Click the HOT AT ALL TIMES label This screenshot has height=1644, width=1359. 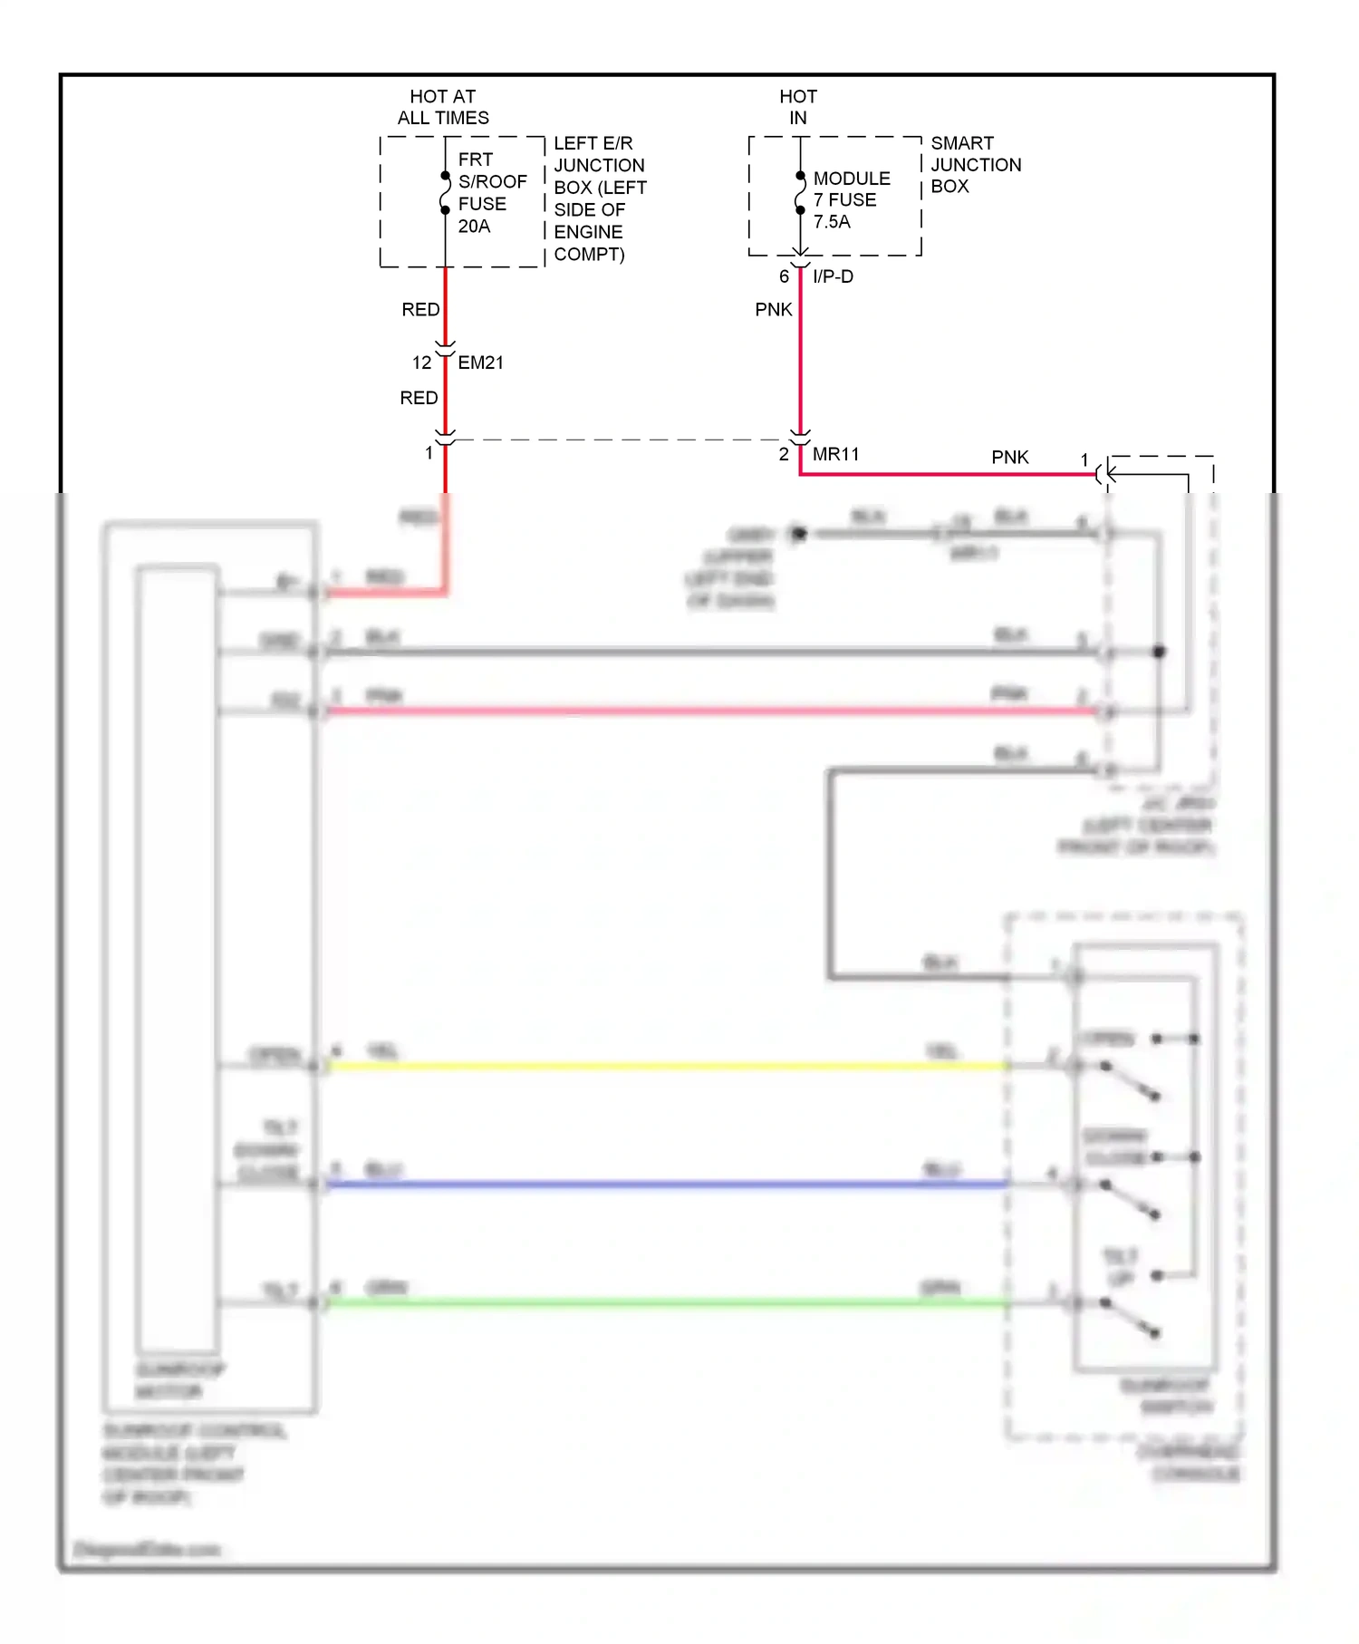(x=443, y=107)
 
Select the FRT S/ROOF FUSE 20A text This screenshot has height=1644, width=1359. (x=491, y=192)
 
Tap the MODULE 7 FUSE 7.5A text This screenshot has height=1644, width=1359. (x=851, y=199)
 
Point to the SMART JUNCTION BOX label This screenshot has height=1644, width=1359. (x=975, y=164)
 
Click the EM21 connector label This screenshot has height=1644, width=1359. (x=480, y=363)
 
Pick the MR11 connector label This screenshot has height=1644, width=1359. (x=835, y=454)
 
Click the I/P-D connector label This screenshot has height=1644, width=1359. (x=833, y=276)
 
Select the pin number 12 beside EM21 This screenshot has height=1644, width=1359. (x=421, y=363)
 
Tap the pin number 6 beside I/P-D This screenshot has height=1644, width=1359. (x=784, y=276)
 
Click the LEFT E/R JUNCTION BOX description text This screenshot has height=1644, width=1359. (x=599, y=198)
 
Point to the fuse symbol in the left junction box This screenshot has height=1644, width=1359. (x=445, y=193)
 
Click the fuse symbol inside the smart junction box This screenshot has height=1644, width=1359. (x=800, y=193)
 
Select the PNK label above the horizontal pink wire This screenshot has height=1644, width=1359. (x=1009, y=458)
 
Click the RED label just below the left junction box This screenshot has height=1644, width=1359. (x=420, y=310)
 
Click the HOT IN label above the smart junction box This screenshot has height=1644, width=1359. (x=798, y=107)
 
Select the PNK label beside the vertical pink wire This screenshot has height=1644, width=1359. (x=773, y=310)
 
